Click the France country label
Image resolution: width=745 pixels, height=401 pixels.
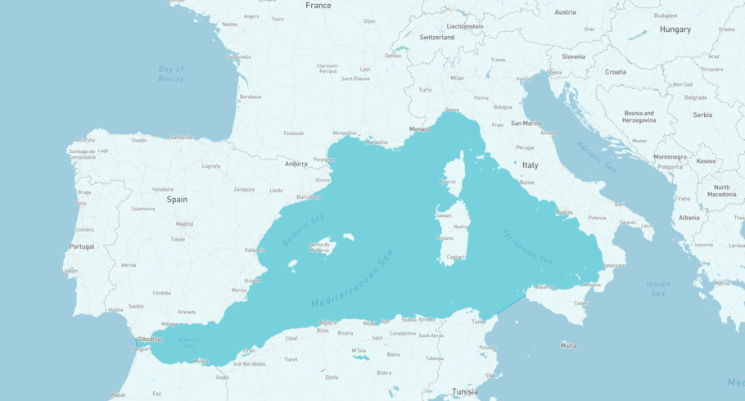click(x=318, y=6)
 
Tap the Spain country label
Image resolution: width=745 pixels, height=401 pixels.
click(x=177, y=199)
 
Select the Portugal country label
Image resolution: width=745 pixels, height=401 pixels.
click(x=82, y=246)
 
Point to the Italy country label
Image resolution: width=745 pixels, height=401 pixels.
click(x=531, y=164)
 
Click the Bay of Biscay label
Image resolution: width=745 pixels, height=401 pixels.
click(x=171, y=74)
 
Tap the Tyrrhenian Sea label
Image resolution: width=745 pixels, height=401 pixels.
click(x=527, y=246)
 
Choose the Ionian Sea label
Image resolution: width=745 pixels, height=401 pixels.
click(x=658, y=288)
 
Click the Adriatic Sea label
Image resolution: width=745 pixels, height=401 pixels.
click(x=595, y=155)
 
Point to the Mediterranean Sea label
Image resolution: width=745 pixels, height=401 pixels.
click(x=352, y=279)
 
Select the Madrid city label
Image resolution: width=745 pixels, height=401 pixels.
click(x=184, y=223)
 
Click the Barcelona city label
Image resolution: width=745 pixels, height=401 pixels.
click(x=309, y=197)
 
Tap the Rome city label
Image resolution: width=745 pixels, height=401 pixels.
click(x=527, y=182)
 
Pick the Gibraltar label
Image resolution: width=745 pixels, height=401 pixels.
click(x=150, y=339)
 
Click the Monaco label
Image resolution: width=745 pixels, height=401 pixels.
click(x=420, y=129)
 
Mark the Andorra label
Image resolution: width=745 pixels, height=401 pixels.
click(x=296, y=164)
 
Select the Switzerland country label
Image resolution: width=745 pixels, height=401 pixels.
click(x=437, y=38)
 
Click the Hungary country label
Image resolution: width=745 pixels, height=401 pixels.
click(x=675, y=29)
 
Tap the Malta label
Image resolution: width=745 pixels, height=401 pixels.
click(x=568, y=345)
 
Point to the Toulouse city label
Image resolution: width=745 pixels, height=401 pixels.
click(x=293, y=133)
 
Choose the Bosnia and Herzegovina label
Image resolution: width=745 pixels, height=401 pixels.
click(x=639, y=117)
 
